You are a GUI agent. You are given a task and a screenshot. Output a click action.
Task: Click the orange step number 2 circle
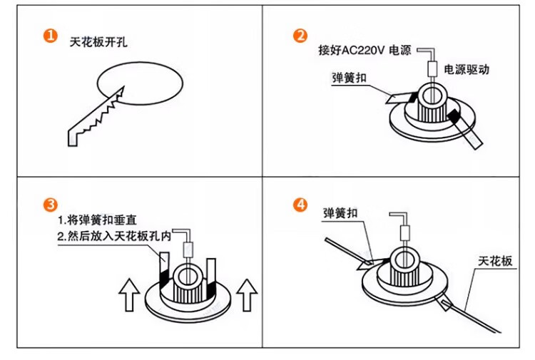[301, 36]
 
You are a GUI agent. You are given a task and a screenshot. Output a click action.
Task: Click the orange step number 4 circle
[301, 205]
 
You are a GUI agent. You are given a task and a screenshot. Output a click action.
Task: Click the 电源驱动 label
[467, 70]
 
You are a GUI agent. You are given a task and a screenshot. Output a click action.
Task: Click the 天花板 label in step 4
[494, 261]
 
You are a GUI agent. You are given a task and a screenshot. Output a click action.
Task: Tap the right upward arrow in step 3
[247, 294]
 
